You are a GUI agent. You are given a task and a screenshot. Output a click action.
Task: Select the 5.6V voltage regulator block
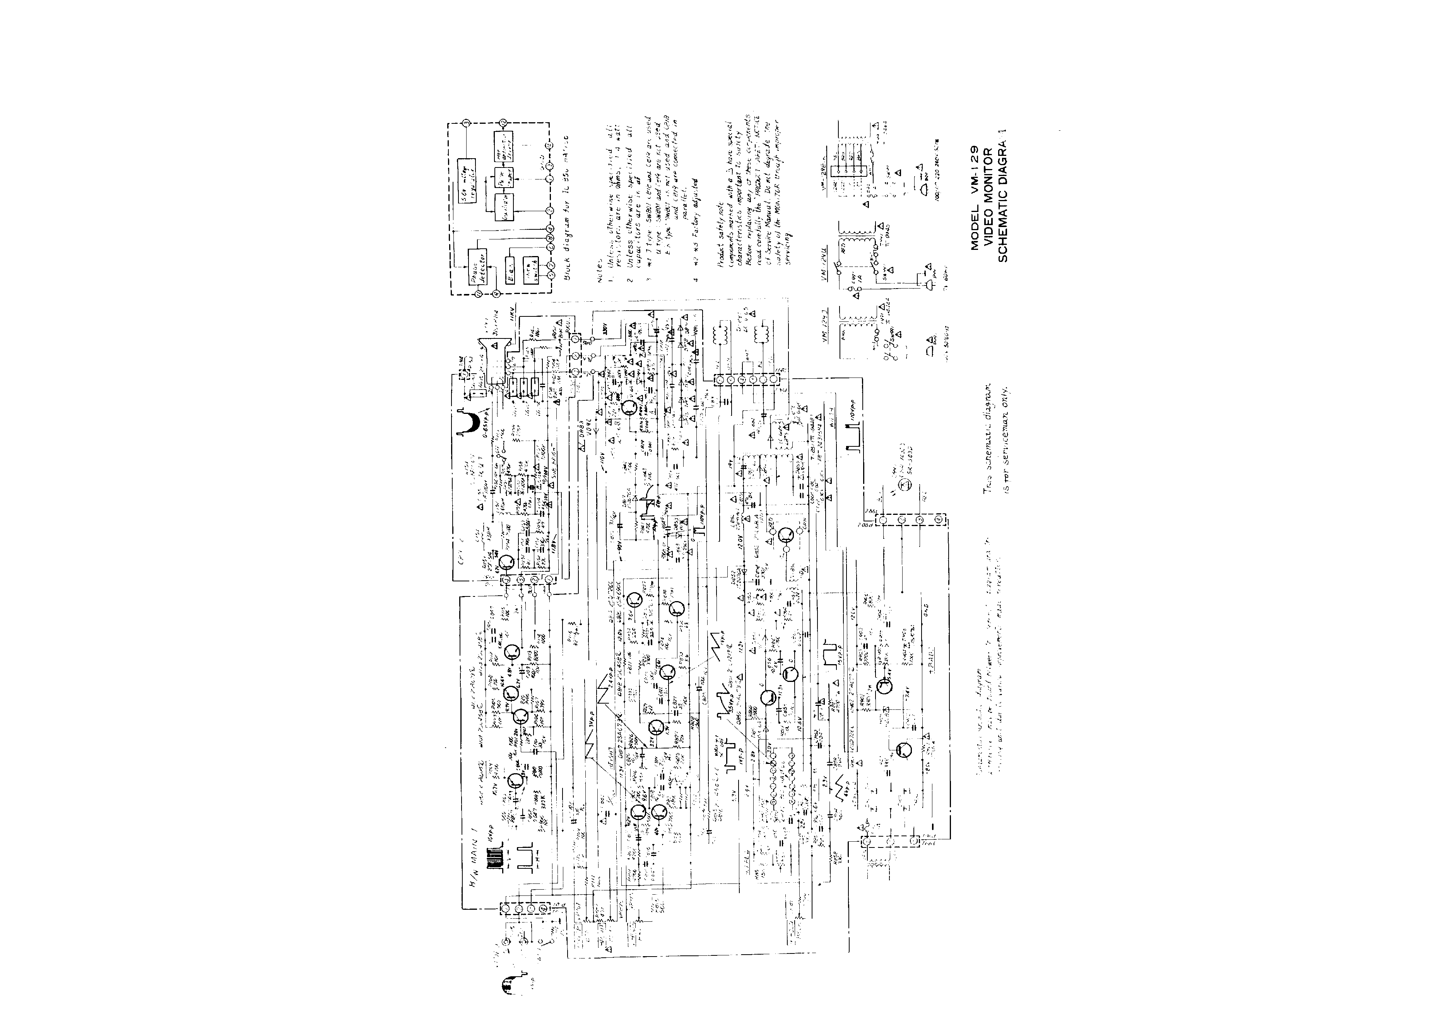pyautogui.click(x=466, y=170)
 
